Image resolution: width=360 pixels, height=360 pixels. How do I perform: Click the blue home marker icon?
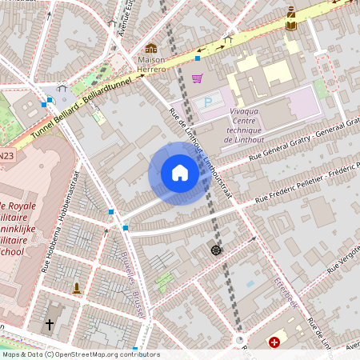180,173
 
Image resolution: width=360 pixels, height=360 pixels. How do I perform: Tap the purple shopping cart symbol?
197,78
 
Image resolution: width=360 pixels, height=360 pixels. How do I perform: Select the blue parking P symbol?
210,102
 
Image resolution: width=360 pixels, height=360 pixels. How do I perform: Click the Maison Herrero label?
152,65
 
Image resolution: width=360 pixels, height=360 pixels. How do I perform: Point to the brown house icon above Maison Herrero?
151,49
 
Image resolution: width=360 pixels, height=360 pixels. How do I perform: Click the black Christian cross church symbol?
50,325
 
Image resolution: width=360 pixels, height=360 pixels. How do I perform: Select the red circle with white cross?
275,342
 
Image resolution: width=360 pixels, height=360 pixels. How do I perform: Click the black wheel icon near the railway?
215,250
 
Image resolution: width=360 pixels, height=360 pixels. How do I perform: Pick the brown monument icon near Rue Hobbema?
77,287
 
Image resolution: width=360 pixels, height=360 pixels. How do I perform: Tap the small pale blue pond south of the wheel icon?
250,284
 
